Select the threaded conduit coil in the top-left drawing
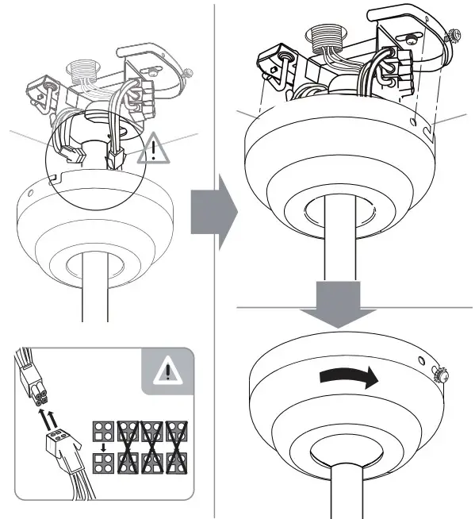click(82, 72)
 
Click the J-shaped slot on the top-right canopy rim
click(427, 125)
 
